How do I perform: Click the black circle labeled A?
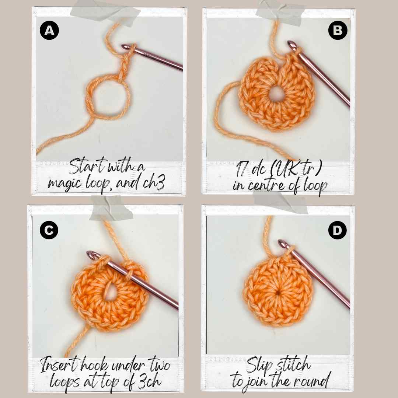click(49, 31)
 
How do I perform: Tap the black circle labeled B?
click(338, 30)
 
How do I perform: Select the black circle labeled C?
click(49, 230)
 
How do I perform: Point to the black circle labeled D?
click(337, 230)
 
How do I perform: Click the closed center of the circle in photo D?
click(279, 293)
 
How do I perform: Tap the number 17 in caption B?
click(241, 168)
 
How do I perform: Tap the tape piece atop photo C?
click(111, 208)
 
